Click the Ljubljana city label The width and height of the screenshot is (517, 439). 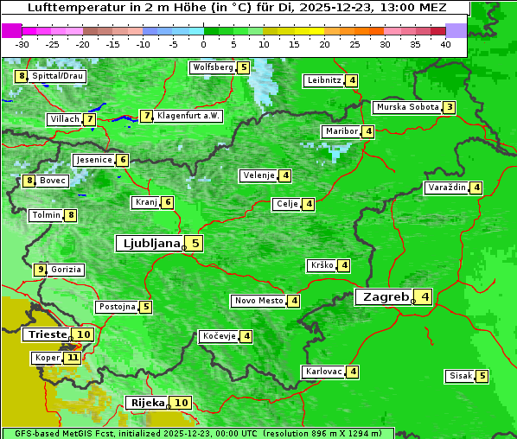tap(149, 244)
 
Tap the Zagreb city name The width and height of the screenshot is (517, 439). tap(386, 297)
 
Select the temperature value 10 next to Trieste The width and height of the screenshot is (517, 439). tap(84, 334)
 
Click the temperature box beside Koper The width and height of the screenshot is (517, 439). tap(72, 358)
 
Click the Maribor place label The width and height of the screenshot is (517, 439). tap(340, 131)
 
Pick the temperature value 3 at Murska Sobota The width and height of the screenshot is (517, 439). tap(449, 108)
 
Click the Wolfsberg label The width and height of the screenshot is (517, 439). tap(213, 67)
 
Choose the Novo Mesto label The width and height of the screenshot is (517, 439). tap(258, 301)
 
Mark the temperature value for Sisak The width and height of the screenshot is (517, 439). tap(482, 376)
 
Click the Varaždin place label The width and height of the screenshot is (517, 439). tap(447, 188)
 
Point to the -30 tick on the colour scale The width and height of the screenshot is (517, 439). tap(22, 44)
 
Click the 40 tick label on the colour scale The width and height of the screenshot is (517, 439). tap(445, 44)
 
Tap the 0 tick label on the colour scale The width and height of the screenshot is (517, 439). tap(204, 44)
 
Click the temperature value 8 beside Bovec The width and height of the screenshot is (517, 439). tap(30, 181)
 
